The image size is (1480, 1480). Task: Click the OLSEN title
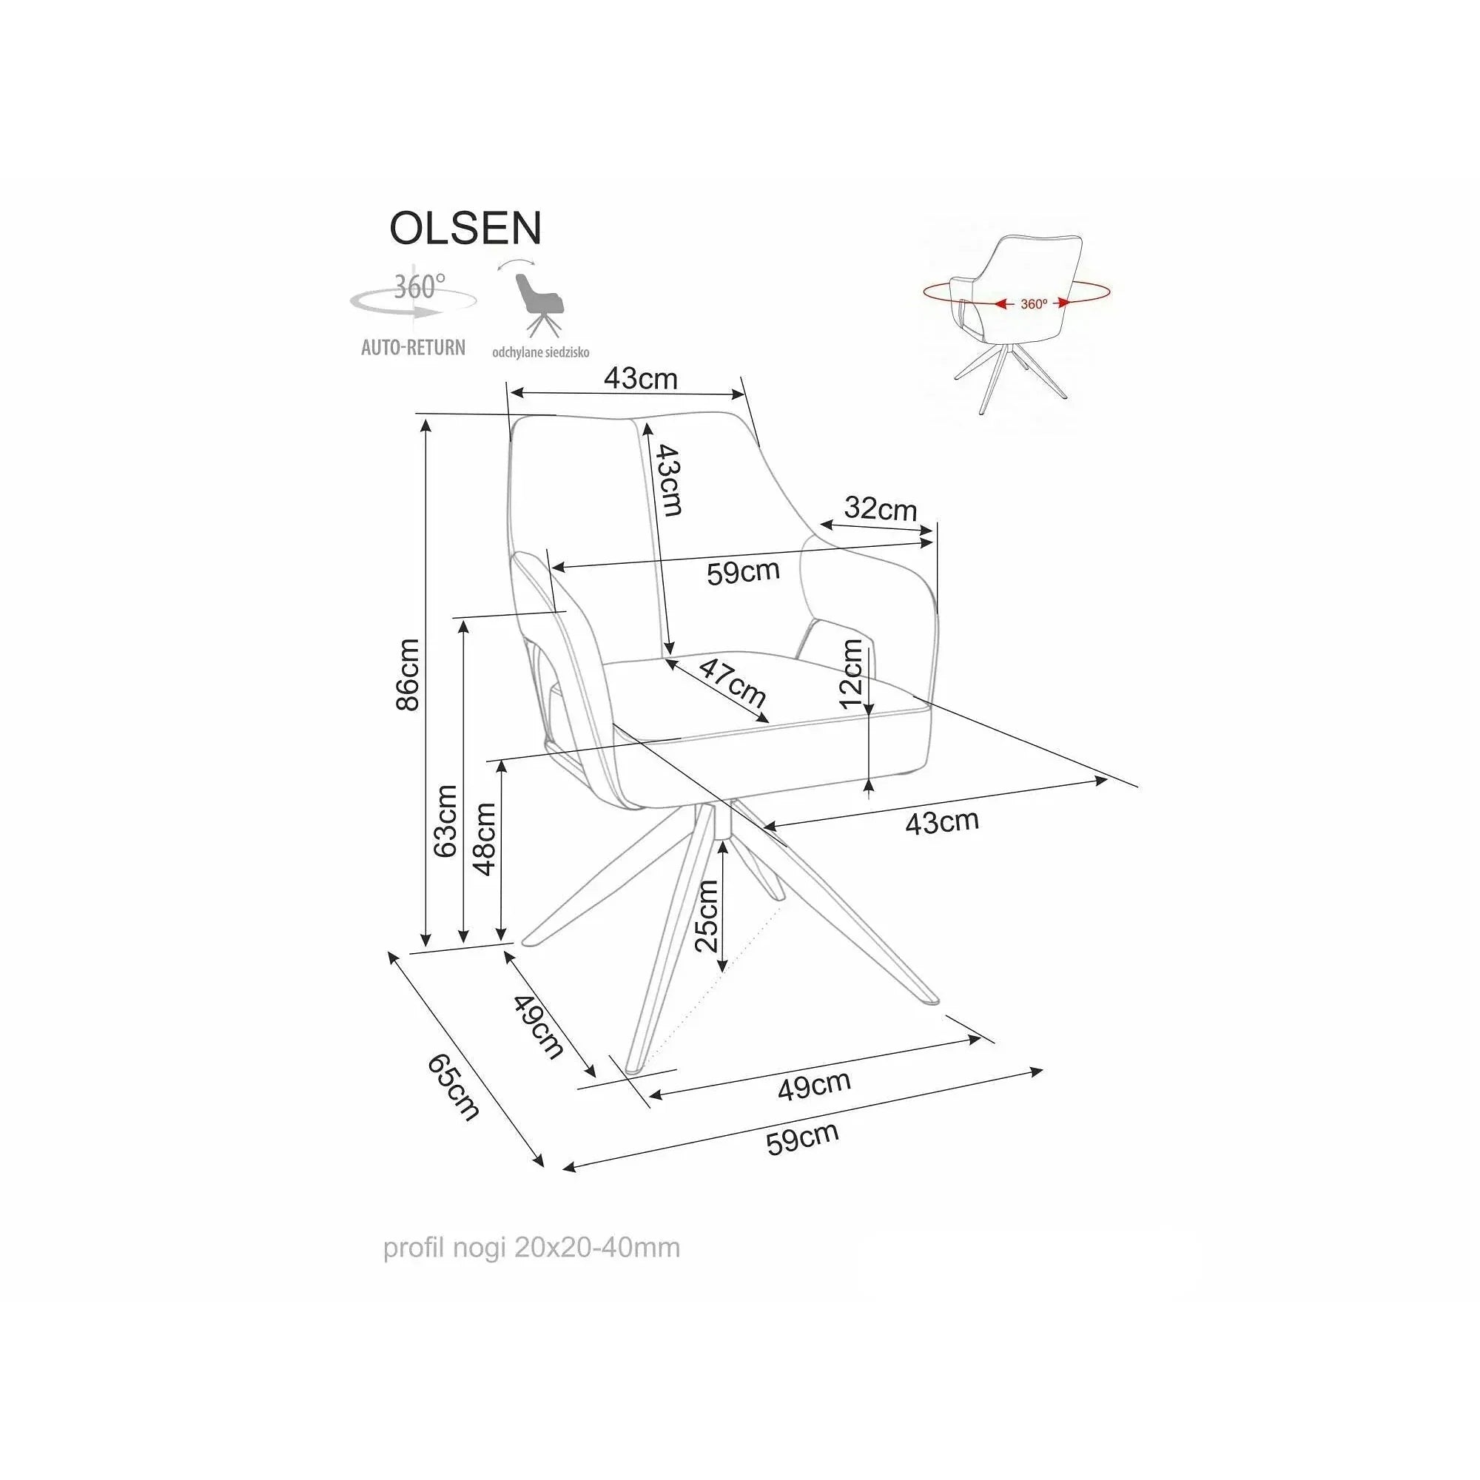[x=465, y=227]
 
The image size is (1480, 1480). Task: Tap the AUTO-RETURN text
[x=413, y=348]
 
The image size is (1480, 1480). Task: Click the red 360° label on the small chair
[x=1033, y=304]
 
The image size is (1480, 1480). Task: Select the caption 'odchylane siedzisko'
[x=541, y=353]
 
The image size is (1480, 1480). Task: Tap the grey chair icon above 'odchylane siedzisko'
[x=537, y=305]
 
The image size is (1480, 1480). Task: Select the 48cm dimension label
[x=484, y=839]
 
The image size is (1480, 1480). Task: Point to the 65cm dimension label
[x=454, y=1087]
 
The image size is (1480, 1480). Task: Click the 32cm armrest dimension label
[x=880, y=508]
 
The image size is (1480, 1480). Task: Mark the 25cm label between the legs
[x=706, y=915]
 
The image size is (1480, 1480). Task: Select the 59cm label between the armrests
[x=743, y=571]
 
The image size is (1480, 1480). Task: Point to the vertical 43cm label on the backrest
[x=666, y=480]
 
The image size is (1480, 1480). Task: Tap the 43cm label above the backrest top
[x=641, y=378]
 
